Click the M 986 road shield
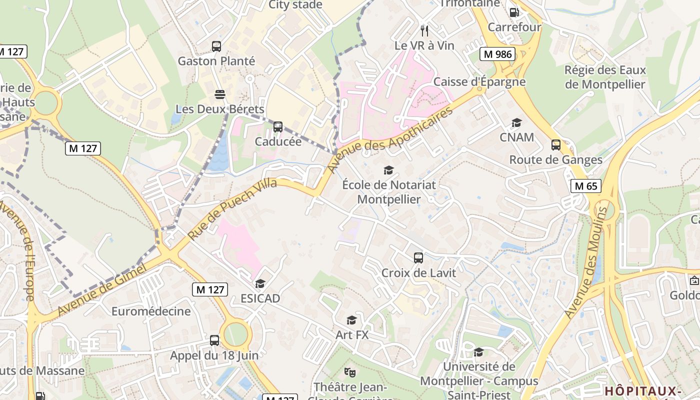click(498, 54)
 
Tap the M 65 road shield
click(586, 186)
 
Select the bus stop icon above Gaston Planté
click(216, 46)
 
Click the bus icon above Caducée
click(278, 127)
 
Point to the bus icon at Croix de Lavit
click(418, 258)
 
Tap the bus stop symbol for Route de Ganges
click(555, 145)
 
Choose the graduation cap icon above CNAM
click(516, 122)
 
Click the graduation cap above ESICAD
click(260, 284)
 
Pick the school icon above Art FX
click(352, 320)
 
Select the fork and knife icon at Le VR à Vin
click(424, 31)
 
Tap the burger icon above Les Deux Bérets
click(219, 94)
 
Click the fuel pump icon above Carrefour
click(514, 12)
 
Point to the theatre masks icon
click(350, 372)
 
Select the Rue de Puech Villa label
click(232, 208)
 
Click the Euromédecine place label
click(151, 311)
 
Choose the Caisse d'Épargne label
click(479, 81)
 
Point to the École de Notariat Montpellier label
click(389, 192)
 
